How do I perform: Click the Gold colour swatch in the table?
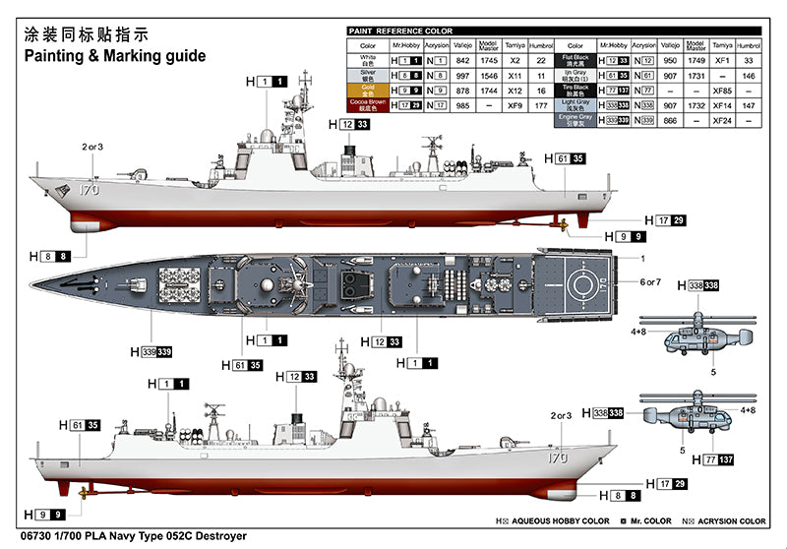[368, 89]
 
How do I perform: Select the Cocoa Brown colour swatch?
[368, 103]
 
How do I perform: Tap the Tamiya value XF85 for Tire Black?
[721, 89]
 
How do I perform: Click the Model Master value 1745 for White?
[488, 60]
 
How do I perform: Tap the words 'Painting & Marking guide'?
[114, 56]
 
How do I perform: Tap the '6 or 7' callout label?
[651, 282]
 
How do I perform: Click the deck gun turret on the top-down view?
[137, 283]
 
